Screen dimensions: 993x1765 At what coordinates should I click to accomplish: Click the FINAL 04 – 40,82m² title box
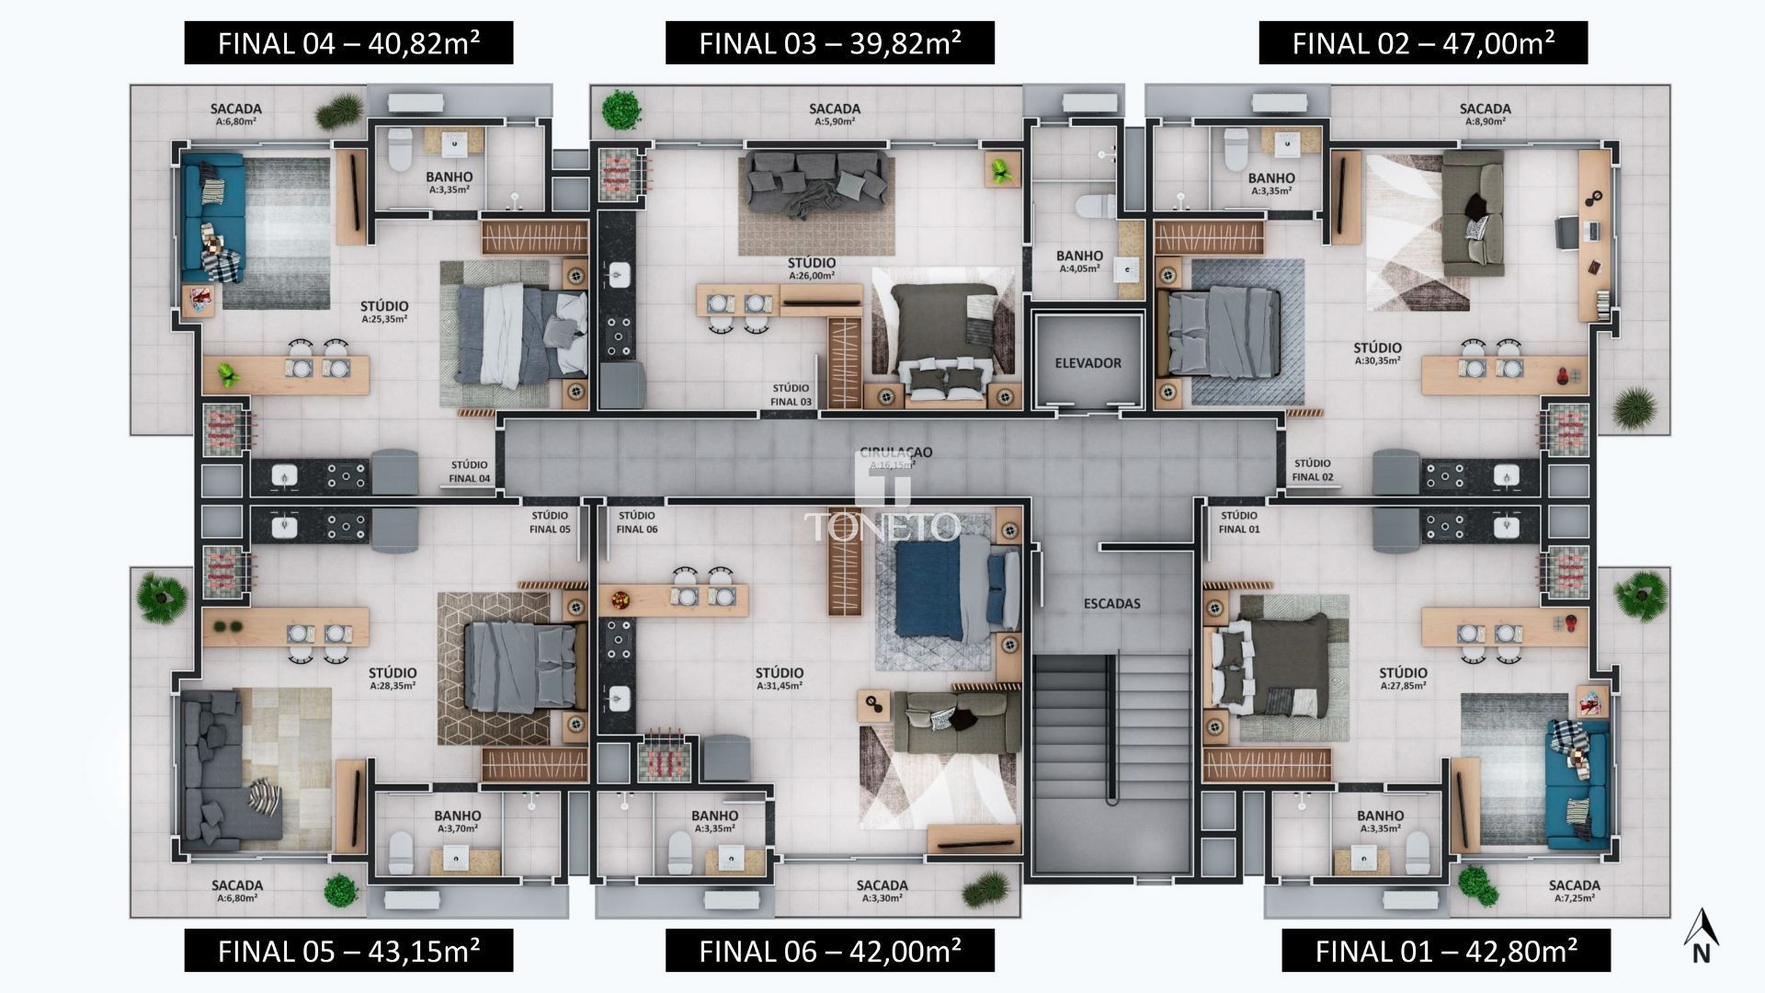point(348,43)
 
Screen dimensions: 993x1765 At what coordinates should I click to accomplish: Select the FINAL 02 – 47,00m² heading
point(1422,43)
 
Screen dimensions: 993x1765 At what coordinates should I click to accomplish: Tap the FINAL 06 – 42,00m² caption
point(829,950)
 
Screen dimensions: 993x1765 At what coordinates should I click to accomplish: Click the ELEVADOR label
point(1087,363)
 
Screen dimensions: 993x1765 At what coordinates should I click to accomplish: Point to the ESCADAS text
point(1111,604)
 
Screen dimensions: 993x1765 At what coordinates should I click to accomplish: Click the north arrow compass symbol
point(1701,940)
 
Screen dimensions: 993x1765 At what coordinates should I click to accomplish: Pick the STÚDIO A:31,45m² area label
point(780,679)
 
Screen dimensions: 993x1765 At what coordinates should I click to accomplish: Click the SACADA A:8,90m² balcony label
point(1485,114)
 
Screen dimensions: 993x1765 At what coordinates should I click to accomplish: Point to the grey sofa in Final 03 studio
point(815,184)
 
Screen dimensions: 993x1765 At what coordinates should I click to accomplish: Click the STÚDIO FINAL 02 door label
point(1312,470)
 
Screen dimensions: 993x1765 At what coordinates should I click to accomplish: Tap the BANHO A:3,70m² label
point(457,821)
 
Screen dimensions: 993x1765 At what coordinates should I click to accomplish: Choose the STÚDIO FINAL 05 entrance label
point(550,522)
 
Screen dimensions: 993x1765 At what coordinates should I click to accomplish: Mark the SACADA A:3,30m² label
point(882,891)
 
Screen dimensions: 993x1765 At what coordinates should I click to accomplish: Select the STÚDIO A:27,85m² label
point(1403,679)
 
